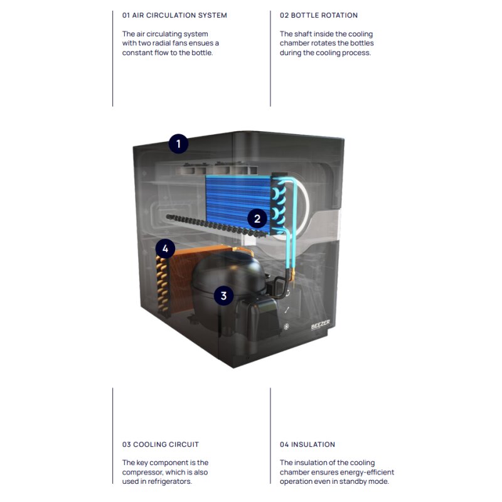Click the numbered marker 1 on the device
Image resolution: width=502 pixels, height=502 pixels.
[178, 144]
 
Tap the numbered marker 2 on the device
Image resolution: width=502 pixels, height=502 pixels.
[257, 219]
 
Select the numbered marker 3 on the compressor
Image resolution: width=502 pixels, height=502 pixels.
[223, 296]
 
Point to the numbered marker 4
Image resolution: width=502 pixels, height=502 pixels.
[165, 249]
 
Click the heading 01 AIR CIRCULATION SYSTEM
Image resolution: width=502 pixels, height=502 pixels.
[174, 15]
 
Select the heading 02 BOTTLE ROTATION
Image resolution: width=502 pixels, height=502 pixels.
[319, 15]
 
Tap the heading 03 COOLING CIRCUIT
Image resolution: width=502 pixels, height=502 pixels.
[161, 444]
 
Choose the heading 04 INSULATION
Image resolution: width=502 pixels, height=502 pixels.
[307, 444]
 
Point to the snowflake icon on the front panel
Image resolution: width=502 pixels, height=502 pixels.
[287, 327]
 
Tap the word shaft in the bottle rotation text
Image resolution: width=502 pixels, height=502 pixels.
[304, 34]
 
